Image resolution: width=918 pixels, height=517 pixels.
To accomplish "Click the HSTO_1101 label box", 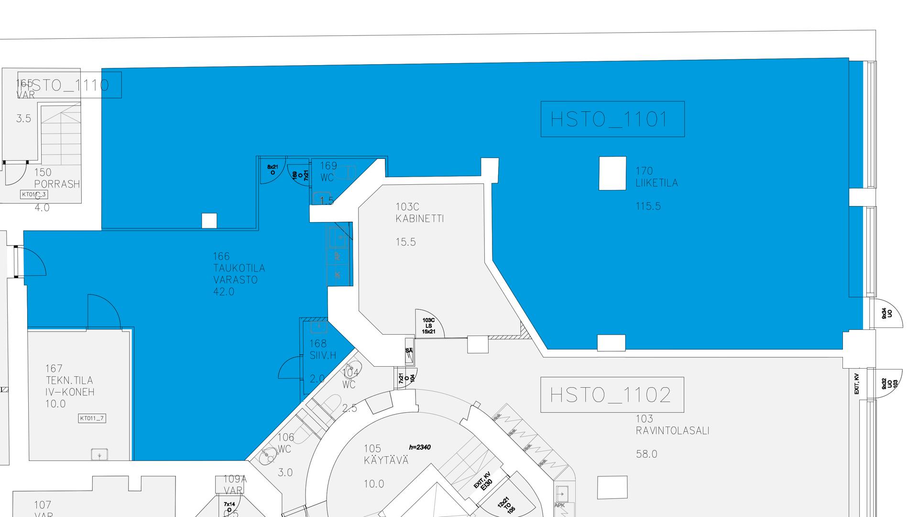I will point(612,119).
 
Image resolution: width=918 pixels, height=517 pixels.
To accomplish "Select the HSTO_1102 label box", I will point(612,395).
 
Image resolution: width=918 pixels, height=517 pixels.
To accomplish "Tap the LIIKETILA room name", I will point(656,183).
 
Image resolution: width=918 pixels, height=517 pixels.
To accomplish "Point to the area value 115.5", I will point(648,206).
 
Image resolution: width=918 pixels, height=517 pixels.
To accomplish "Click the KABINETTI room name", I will point(419,219).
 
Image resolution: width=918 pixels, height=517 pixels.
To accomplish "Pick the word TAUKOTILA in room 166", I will point(239,268).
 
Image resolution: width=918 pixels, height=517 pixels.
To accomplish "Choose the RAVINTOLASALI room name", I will point(672,431).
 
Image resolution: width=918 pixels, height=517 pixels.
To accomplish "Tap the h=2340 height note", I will point(420,447).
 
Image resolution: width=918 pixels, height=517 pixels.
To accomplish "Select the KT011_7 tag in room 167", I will point(92,418).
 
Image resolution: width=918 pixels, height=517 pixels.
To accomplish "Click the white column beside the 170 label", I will point(612,173).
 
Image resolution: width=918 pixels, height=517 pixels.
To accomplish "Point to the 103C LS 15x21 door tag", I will point(428,326).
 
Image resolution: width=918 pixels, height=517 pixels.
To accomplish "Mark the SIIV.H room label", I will point(323,356).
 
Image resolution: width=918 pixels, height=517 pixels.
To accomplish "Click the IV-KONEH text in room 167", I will point(70,392).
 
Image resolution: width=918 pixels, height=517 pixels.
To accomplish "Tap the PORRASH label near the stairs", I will point(57,184).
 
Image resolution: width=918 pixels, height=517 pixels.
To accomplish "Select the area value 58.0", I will point(646,454).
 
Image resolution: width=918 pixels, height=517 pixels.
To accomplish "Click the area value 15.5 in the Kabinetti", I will point(405,242).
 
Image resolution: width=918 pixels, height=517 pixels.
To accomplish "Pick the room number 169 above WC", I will point(328,166).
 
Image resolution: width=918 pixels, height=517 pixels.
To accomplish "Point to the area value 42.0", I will point(224,292).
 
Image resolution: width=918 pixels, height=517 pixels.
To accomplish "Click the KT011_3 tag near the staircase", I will point(34,194).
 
